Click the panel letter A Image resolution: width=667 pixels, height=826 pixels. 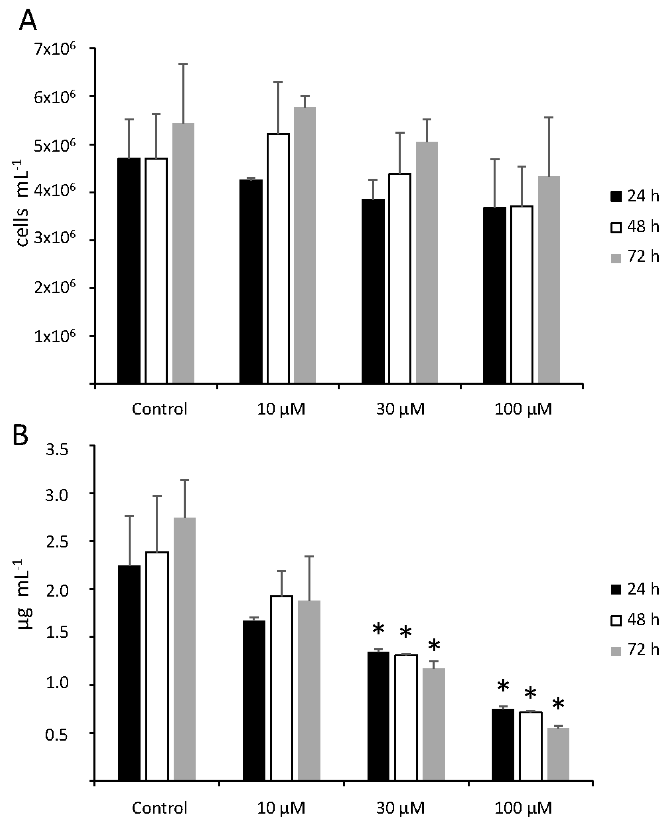tap(28, 21)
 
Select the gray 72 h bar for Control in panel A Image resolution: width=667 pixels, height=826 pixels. tap(183, 254)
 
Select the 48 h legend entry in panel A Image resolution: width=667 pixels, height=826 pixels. tap(634, 227)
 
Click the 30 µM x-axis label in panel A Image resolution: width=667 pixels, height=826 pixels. tap(400, 409)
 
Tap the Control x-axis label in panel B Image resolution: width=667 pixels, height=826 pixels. tap(159, 808)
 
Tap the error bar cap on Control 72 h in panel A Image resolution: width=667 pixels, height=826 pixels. tap(183, 64)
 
